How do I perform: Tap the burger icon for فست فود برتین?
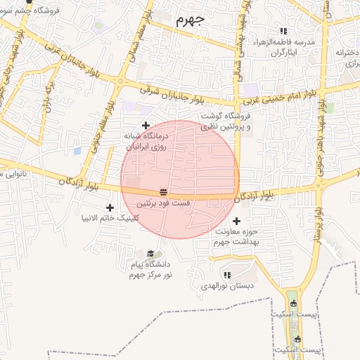(163, 191)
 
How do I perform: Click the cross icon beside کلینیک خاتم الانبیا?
(110, 207)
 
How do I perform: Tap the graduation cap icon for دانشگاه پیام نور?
(150, 254)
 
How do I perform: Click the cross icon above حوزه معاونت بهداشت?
(236, 221)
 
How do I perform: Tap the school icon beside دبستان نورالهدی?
(226, 275)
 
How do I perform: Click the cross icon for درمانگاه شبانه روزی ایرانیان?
(146, 125)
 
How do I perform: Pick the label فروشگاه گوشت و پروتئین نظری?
(225, 122)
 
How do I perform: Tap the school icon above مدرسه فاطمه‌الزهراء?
(283, 32)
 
